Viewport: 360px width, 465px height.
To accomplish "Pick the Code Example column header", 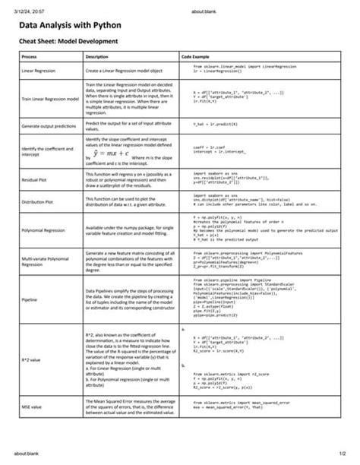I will click(x=197, y=57).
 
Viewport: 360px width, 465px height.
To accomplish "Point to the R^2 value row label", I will click(x=31, y=359).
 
